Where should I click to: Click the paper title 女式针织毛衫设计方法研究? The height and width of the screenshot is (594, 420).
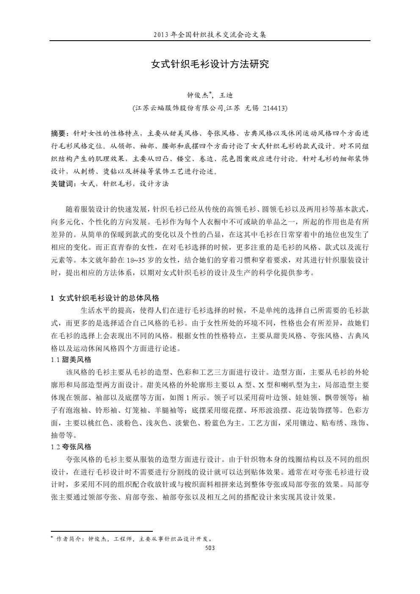[210, 64]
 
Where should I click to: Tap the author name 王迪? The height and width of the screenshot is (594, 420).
[227, 95]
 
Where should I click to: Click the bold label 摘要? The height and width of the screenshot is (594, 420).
[58, 134]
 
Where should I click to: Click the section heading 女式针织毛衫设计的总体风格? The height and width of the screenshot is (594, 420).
[109, 298]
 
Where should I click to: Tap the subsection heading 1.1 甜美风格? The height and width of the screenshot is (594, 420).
[71, 360]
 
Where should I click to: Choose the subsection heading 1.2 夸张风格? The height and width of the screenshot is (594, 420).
[71, 447]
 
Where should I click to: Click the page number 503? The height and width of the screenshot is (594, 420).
[210, 548]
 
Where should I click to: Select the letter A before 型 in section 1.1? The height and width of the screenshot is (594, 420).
[240, 385]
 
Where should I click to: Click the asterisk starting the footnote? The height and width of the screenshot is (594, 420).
[52, 538]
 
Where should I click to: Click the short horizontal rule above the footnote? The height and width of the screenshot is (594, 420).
[101, 531]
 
